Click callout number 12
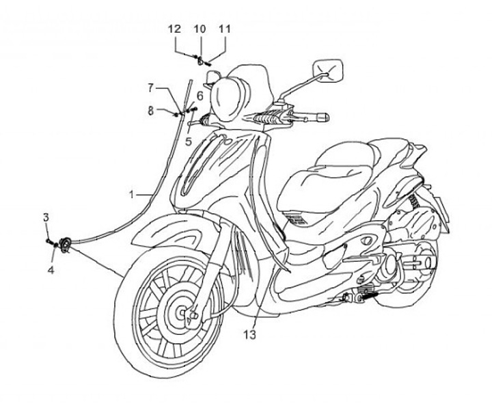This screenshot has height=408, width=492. click(174, 29)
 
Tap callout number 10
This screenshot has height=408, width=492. click(199, 29)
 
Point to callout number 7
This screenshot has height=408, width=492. click(151, 87)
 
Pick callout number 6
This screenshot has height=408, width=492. click(200, 95)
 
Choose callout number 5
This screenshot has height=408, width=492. click(189, 141)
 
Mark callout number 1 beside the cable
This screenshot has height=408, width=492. click(131, 195)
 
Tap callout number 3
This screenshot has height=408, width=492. click(46, 217)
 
